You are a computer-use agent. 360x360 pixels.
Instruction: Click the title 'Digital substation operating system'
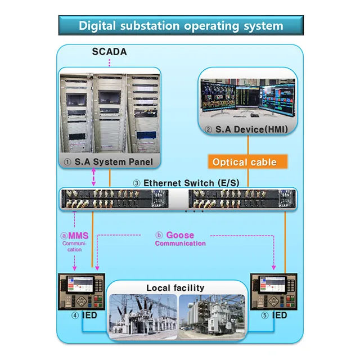point(181,26)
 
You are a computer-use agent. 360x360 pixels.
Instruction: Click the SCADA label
point(109,52)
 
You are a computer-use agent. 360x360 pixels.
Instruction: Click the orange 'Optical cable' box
point(244,162)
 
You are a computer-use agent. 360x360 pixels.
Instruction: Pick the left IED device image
point(81,291)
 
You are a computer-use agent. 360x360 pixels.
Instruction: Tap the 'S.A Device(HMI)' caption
point(246,129)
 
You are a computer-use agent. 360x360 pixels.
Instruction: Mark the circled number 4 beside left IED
point(74,316)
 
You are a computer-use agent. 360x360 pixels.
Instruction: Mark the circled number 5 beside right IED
point(264,316)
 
